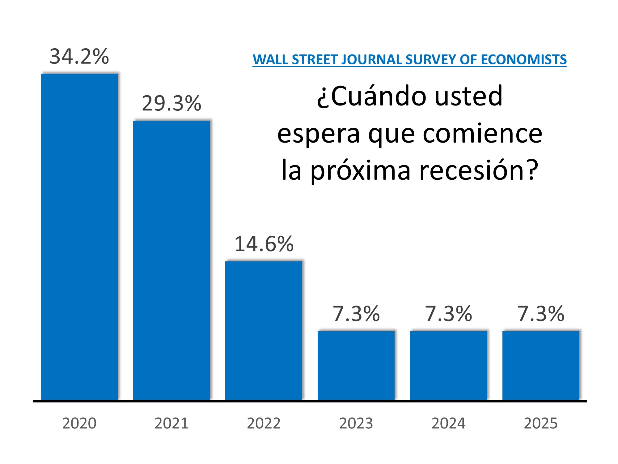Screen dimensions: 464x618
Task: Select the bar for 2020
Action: (79, 237)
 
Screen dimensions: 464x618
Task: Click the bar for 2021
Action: (171, 260)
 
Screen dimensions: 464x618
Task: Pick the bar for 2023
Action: (356, 365)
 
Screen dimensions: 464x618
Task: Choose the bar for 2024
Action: (448, 365)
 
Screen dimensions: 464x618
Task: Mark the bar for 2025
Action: (541, 365)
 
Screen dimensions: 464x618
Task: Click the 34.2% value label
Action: (79, 57)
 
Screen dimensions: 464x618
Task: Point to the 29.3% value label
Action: (171, 103)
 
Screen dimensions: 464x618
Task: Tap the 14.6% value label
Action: (264, 244)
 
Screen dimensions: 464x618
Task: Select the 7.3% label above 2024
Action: (448, 314)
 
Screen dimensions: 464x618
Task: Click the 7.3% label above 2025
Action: (541, 314)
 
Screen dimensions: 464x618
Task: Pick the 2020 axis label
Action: (79, 423)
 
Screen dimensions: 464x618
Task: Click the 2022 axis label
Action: (264, 423)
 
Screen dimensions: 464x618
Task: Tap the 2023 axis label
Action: (356, 423)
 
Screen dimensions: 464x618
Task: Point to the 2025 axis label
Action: (541, 423)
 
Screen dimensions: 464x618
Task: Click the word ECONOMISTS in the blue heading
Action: (523, 59)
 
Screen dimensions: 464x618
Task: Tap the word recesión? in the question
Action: (479, 171)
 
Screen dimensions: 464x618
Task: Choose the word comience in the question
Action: (482, 134)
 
